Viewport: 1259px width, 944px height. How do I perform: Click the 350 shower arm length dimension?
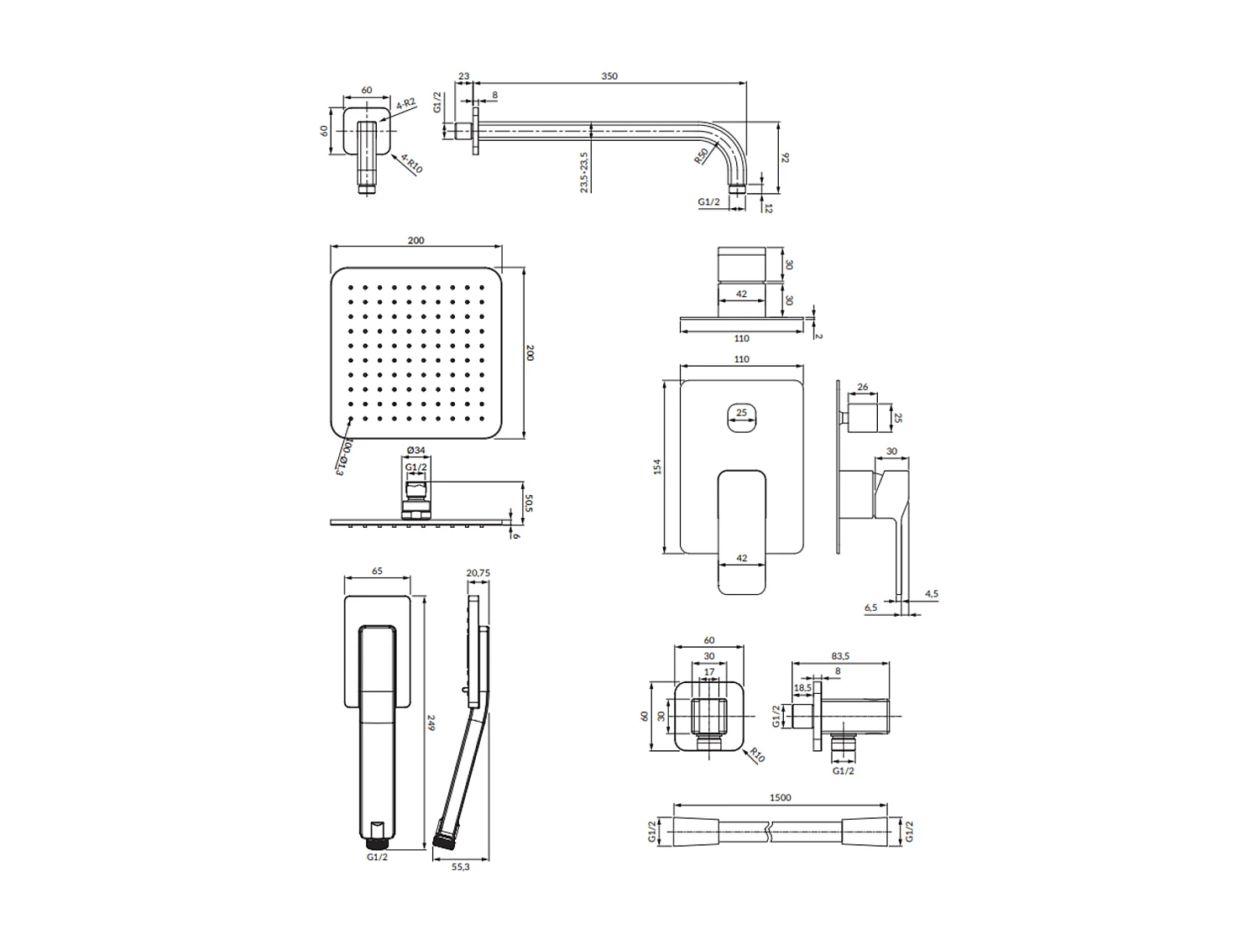tap(609, 76)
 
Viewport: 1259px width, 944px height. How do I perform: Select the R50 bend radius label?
tap(700, 156)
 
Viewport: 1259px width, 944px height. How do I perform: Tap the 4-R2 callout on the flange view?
tap(405, 104)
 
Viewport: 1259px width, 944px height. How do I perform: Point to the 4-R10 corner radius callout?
tap(411, 163)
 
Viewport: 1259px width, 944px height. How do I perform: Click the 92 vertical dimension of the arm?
tap(786, 157)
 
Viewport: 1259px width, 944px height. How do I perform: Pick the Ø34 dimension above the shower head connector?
tap(415, 451)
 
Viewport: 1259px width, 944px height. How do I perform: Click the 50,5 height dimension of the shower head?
tap(529, 503)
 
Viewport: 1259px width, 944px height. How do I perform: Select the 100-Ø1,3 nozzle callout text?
tap(342, 456)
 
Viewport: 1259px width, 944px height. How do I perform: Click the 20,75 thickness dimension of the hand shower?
tap(478, 573)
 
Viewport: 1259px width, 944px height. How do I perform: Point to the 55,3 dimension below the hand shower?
tap(460, 867)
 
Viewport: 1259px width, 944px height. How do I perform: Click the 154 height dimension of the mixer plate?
tap(659, 467)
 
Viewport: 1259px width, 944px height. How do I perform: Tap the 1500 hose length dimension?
tap(780, 798)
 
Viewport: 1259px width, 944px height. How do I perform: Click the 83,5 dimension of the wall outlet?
tap(840, 656)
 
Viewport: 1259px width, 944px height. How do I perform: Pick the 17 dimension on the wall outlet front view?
tap(710, 672)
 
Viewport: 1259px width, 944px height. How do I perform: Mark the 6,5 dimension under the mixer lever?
tap(870, 608)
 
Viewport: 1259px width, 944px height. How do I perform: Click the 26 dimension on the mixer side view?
tap(863, 388)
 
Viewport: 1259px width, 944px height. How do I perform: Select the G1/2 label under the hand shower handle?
tap(377, 857)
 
